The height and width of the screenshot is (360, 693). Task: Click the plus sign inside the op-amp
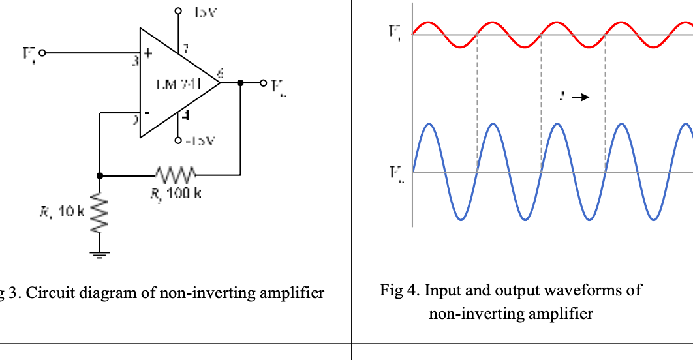[148, 56]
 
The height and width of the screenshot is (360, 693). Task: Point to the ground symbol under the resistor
[100, 254]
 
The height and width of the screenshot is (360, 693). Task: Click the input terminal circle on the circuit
[43, 53]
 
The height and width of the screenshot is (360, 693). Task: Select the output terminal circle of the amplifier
[264, 83]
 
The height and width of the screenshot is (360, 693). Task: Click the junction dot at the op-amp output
[241, 83]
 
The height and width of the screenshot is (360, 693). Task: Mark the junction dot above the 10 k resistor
[100, 175]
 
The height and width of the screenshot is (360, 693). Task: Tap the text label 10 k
[69, 211]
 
